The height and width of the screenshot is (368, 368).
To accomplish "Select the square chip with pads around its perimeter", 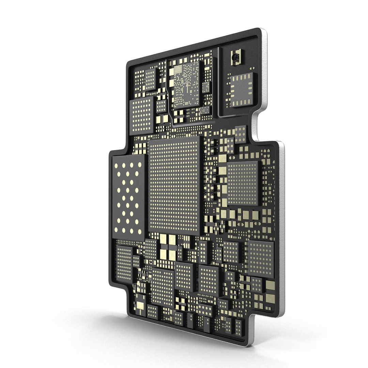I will (242, 89).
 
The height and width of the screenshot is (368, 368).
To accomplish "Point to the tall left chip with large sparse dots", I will (128, 198).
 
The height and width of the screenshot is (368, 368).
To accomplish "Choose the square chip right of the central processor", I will (243, 183).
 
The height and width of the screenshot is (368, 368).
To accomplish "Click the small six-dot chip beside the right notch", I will (241, 134).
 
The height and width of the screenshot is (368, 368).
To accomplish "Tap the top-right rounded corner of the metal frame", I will (262, 31).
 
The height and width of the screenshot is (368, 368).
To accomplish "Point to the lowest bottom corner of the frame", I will (249, 344).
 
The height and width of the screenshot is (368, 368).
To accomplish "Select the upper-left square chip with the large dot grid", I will (142, 115).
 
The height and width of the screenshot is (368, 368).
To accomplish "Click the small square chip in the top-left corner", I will (150, 79).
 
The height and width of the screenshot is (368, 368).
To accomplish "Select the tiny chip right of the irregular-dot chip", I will (205, 87).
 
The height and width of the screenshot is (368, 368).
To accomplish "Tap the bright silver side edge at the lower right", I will (281, 239).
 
